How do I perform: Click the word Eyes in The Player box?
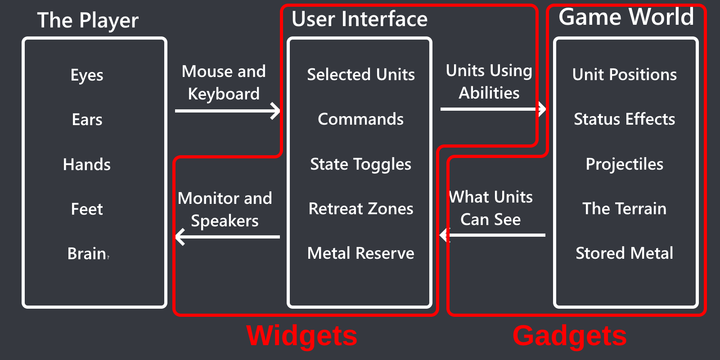tap(87, 75)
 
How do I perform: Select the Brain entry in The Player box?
tap(87, 254)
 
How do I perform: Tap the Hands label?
tap(87, 165)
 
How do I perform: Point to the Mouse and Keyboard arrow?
tap(227, 111)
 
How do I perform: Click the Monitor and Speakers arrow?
tap(227, 237)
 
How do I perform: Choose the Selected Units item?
tap(360, 75)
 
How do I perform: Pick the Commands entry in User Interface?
tap(360, 119)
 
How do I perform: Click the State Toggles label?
tap(360, 164)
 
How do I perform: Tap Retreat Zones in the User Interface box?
tap(360, 209)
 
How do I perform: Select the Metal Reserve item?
tap(360, 253)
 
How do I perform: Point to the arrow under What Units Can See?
tap(493, 235)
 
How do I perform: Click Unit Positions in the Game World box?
tap(624, 75)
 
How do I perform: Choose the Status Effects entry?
tap(624, 119)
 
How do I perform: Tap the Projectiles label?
tap(624, 164)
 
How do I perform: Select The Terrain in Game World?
tap(624, 209)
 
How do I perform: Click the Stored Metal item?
tap(624, 253)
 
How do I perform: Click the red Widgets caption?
tap(302, 336)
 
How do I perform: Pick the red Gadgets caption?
tap(569, 336)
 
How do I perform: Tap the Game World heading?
tap(626, 17)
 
